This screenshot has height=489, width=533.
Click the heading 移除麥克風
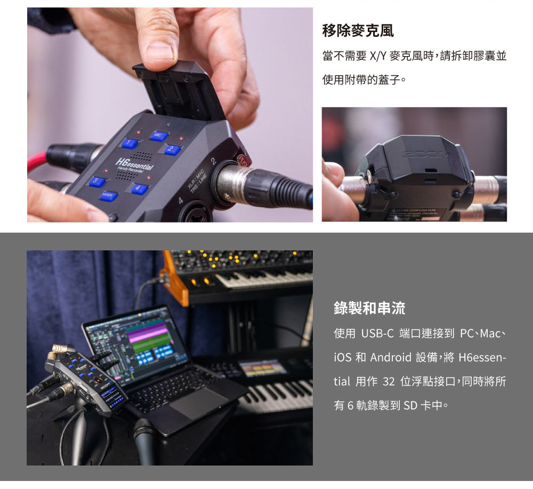pyautogui.click(x=358, y=30)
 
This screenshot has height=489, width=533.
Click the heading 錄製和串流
pyautogui.click(x=369, y=308)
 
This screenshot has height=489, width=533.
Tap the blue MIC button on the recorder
pyautogui.click(x=158, y=136)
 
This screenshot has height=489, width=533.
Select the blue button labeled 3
pyautogui.click(x=98, y=181)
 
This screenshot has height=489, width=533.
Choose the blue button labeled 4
pyautogui.click(x=139, y=188)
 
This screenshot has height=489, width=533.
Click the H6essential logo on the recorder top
pyautogui.click(x=134, y=164)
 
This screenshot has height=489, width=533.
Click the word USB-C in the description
pyautogui.click(x=377, y=333)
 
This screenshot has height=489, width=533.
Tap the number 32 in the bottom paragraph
pyautogui.click(x=389, y=381)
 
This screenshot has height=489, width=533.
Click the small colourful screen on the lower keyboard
pyautogui.click(x=262, y=368)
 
